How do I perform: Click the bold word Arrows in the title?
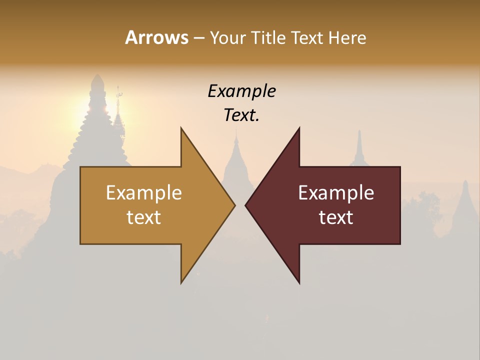coord(156,37)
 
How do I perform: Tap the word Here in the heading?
coord(347,37)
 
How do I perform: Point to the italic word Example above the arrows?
coord(241,91)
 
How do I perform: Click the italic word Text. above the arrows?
coord(241,115)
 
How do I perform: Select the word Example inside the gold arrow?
coord(143,192)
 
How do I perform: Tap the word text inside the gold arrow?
coord(143,217)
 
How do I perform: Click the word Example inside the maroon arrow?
coord(336,192)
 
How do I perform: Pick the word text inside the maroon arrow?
coord(336,217)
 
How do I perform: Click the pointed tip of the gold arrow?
coord(234,205)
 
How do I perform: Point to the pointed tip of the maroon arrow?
coord(245,205)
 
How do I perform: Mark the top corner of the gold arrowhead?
coord(181,128)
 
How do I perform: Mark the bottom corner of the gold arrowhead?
coord(181,282)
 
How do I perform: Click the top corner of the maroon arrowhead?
coord(299,128)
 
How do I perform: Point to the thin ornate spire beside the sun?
coord(118,112)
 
